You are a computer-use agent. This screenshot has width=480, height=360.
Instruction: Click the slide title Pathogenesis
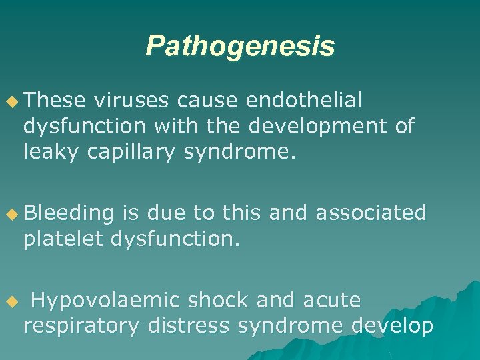point(240,46)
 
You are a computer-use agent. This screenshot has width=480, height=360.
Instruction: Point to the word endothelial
point(304,101)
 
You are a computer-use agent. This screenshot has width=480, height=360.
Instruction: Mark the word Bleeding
point(69,213)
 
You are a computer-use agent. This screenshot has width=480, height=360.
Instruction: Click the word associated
point(371,213)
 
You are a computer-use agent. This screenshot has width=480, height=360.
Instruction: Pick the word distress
point(189,326)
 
